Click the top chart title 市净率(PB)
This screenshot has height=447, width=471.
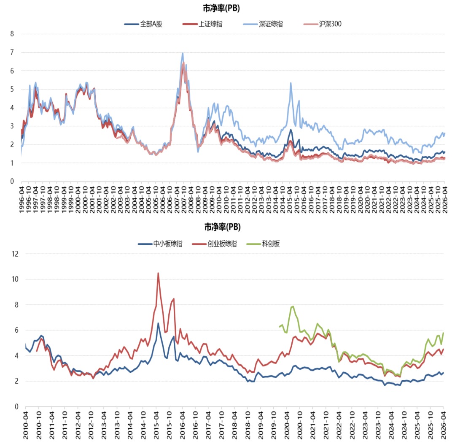point(221,8)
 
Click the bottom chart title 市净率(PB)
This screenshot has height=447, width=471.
point(222,227)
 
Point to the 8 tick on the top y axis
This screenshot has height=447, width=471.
point(12,34)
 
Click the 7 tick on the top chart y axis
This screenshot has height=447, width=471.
point(12,52)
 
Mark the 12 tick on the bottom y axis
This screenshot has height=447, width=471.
point(15,254)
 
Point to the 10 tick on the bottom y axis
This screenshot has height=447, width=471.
point(15,279)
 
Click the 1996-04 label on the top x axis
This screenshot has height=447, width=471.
point(22,200)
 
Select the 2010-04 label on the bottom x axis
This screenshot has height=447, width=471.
point(26,425)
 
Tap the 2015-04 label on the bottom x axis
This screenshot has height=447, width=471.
point(156,425)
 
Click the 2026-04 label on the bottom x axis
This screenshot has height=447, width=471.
point(443,425)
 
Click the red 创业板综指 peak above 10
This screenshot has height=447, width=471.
point(158,273)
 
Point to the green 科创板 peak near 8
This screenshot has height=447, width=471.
point(293,306)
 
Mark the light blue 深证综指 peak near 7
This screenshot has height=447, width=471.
point(183,54)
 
